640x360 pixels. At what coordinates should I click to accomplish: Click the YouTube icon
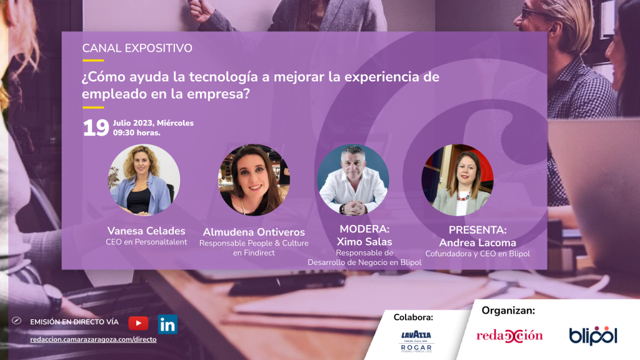click(138, 323)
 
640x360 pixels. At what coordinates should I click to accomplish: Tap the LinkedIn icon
click(167, 324)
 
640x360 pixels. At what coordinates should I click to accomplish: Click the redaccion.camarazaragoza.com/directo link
click(94, 339)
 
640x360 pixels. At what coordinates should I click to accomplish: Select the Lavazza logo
click(416, 336)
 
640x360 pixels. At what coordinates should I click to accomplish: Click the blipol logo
click(593, 336)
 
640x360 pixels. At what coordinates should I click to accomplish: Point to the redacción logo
click(509, 336)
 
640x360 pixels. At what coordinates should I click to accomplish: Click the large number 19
click(96, 127)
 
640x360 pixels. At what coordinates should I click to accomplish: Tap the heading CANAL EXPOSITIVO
click(137, 48)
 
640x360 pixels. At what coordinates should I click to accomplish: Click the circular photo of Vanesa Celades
click(144, 179)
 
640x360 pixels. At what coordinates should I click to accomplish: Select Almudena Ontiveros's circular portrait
click(254, 179)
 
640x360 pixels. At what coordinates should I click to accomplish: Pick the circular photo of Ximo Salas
click(353, 179)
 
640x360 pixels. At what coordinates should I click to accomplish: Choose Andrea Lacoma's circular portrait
click(457, 179)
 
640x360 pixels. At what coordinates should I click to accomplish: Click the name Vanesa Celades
click(146, 231)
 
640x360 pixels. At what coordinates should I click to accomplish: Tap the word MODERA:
click(364, 229)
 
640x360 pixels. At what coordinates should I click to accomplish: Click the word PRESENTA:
click(477, 230)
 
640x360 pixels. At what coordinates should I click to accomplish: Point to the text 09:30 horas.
click(137, 132)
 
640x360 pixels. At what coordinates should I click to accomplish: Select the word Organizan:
click(508, 311)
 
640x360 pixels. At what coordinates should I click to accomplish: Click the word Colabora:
click(413, 317)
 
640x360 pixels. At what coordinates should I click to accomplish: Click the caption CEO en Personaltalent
click(146, 242)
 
